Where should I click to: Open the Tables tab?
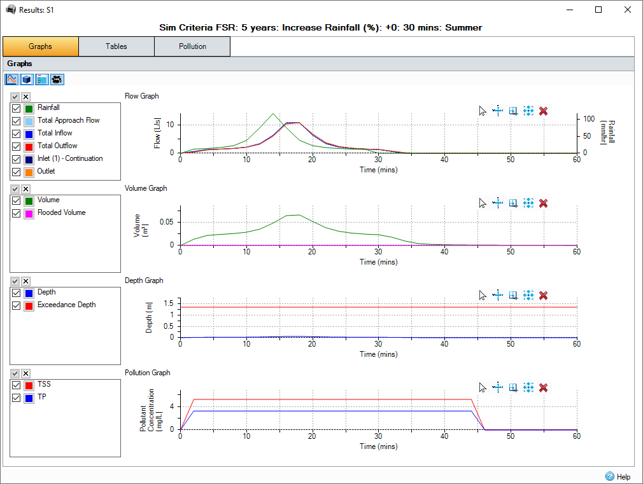pos(117,46)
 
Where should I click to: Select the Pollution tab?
pos(192,46)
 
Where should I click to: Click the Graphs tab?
pos(41,46)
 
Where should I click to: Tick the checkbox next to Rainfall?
pos(17,108)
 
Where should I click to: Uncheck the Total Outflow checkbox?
pos(17,146)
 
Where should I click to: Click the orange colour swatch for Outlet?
pos(29,172)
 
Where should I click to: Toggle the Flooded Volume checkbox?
pos(17,213)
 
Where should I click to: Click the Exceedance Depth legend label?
pos(66,305)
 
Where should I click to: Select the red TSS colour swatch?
pos(29,385)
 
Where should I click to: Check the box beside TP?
pos(17,398)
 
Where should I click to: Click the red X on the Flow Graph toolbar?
pos(543,111)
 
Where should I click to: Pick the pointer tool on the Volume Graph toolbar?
pos(483,204)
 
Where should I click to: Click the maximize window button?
pos(598,10)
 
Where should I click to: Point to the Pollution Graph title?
pos(147,373)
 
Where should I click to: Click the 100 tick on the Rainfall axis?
pos(589,119)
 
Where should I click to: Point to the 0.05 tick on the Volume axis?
pos(166,222)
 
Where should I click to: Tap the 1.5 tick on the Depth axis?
pos(169,303)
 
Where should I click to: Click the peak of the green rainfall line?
pos(273,114)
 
